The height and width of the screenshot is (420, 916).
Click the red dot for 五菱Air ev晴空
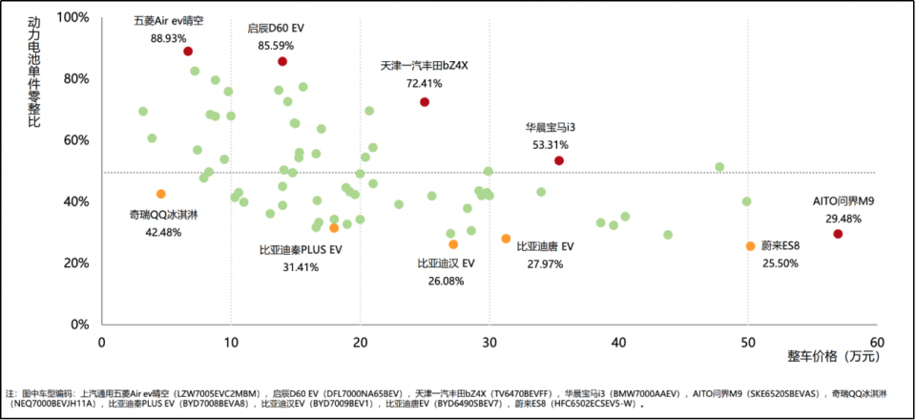(188, 52)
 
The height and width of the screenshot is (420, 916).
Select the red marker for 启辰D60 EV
(282, 61)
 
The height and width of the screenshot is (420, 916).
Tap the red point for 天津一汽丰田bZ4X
(425, 102)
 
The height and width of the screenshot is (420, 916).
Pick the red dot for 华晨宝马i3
(559, 160)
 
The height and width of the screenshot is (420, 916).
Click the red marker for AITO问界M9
(838, 234)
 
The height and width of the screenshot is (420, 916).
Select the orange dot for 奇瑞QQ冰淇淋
(161, 194)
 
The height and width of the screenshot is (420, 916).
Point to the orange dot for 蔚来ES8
(751, 246)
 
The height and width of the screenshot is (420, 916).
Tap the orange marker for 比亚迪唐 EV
(506, 239)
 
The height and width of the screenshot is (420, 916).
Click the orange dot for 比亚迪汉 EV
(453, 244)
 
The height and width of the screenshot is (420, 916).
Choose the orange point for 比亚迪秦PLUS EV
(334, 228)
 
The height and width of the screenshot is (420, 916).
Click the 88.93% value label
(168, 38)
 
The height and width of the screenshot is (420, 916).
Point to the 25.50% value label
(780, 263)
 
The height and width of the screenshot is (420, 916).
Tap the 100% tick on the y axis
(73, 17)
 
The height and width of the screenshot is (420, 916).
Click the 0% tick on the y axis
(79, 325)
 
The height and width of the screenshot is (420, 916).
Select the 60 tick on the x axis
(878, 342)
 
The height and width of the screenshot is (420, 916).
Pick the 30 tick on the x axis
(489, 342)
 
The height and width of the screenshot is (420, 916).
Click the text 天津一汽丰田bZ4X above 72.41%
(425, 67)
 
